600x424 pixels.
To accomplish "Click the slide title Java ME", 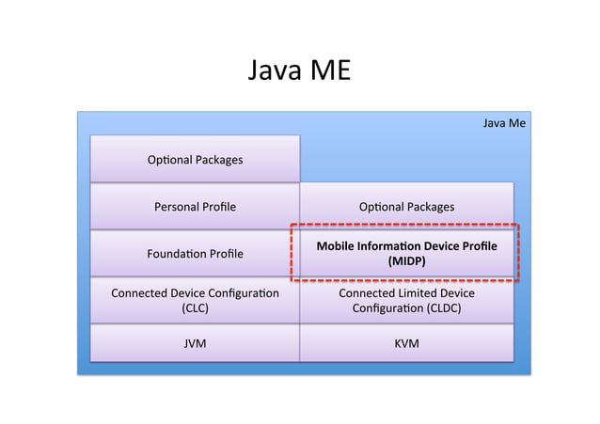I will tap(299, 71).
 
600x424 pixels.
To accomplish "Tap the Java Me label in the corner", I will tap(503, 123).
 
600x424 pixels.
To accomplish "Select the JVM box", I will tap(195, 343).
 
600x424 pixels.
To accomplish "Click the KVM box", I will tap(406, 343).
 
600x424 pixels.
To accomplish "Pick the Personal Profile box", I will tap(195, 207).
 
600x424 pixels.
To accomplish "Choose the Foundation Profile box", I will tap(195, 254).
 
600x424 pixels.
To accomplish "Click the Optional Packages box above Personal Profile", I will tap(195, 160).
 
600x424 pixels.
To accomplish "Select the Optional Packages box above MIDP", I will tap(406, 207).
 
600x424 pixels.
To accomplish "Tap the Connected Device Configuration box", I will tap(195, 300).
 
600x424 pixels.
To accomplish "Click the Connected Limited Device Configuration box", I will tap(406, 300).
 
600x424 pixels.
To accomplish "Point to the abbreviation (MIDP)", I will tap(406, 262).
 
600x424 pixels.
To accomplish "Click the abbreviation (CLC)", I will tap(195, 307).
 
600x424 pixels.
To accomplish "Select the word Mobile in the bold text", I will tap(338, 246).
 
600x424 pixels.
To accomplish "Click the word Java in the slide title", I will tap(272, 71).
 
